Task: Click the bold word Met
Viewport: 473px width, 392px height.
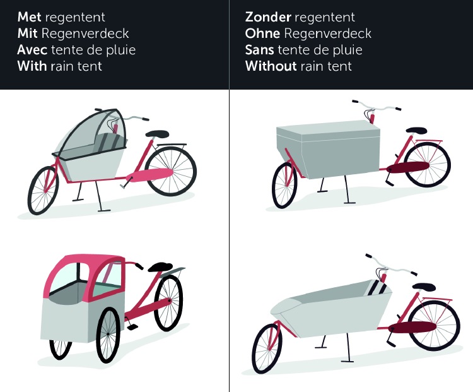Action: (29, 17)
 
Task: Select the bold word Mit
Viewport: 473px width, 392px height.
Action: (27, 33)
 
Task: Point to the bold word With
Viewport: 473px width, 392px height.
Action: (32, 66)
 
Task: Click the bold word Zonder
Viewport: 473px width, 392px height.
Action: (268, 17)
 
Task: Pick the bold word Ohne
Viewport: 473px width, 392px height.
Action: (262, 33)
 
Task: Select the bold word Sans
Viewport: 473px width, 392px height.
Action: (260, 50)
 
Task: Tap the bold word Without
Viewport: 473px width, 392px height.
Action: (271, 66)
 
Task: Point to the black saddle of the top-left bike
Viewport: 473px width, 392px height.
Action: (157, 133)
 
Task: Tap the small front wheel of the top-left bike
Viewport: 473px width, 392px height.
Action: (44, 189)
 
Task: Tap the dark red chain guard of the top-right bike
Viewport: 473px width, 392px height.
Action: (407, 167)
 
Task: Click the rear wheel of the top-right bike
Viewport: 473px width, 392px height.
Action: (426, 165)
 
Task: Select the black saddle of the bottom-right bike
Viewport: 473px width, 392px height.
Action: (422, 287)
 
